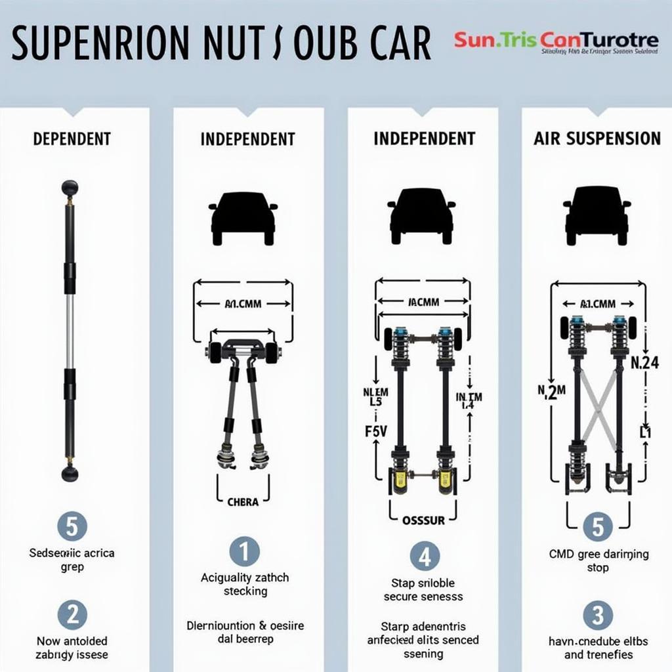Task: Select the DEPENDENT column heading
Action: click(72, 139)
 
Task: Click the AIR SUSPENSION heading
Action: click(597, 138)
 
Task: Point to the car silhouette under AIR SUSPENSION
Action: click(597, 215)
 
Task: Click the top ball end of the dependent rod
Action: click(70, 188)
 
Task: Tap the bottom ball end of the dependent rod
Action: click(70, 472)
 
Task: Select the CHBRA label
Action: click(243, 503)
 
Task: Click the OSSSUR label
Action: click(423, 520)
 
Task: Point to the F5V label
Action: click(375, 431)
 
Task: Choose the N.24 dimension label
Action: click(644, 362)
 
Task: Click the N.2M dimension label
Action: click(551, 392)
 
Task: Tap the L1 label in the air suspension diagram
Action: click(645, 432)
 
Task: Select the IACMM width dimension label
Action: click(423, 303)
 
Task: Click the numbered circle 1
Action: click(244, 551)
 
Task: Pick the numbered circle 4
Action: click(425, 556)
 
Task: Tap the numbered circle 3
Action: click(598, 616)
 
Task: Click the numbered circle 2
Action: click(72, 615)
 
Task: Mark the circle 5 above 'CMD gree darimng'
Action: click(598, 527)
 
